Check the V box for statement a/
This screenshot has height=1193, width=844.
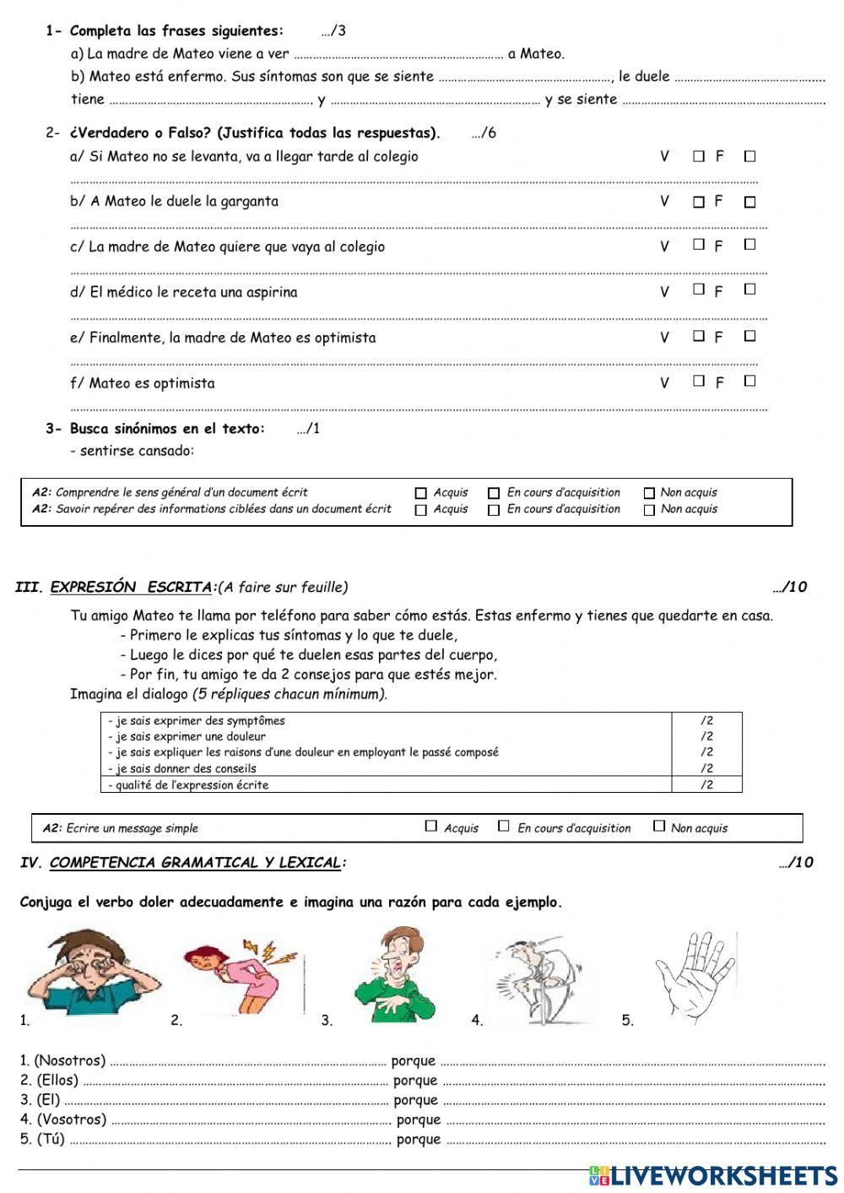[x=699, y=156]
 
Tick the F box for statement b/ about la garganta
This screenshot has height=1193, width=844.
[x=749, y=203]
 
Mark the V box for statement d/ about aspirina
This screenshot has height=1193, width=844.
[x=699, y=290]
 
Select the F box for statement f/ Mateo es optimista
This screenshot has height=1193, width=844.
[x=749, y=381]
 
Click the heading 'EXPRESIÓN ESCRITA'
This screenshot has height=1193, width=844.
[x=131, y=587]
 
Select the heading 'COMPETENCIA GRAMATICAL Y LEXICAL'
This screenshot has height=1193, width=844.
[x=195, y=862]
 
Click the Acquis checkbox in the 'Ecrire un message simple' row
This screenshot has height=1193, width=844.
[x=431, y=827]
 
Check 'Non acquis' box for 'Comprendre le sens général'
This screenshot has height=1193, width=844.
[x=649, y=493]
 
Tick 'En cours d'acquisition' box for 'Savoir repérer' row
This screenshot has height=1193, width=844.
[x=494, y=510]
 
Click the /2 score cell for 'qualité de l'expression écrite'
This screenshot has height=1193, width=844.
[x=706, y=784]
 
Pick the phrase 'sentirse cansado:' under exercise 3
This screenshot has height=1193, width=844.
[x=137, y=451]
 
